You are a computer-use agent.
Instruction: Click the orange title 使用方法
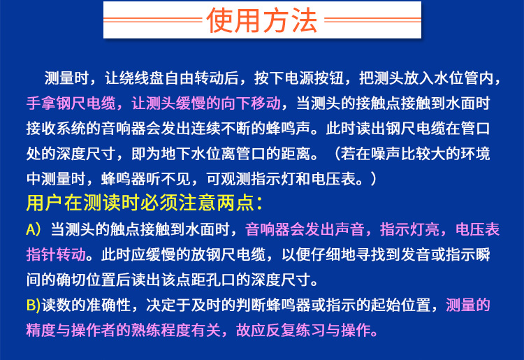click(x=262, y=20)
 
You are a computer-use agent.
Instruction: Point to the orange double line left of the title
click(x=153, y=20)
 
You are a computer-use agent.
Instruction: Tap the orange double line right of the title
click(x=372, y=20)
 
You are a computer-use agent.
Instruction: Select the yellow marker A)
click(x=34, y=230)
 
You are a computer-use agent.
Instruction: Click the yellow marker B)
click(x=34, y=305)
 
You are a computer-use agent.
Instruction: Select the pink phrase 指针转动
click(x=56, y=254)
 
